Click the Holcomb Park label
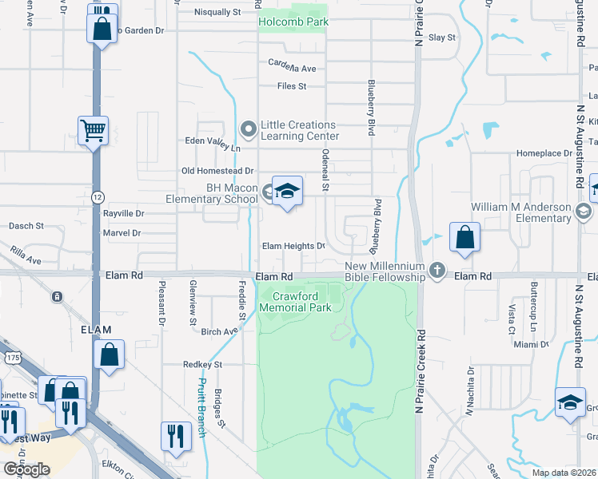tap(293, 22)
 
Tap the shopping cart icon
tap(94, 129)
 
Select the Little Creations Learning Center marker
tap(248, 129)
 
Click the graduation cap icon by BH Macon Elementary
tap(287, 191)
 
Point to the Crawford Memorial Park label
tap(297, 301)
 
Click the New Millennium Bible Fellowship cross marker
tap(437, 271)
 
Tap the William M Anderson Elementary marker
tap(583, 212)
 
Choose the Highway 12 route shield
tap(98, 196)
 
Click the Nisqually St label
tap(217, 13)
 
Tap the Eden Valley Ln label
tap(213, 148)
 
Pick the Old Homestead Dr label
tap(217, 171)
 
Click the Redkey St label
tap(201, 364)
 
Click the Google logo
tap(26, 469)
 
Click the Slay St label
tap(441, 38)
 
